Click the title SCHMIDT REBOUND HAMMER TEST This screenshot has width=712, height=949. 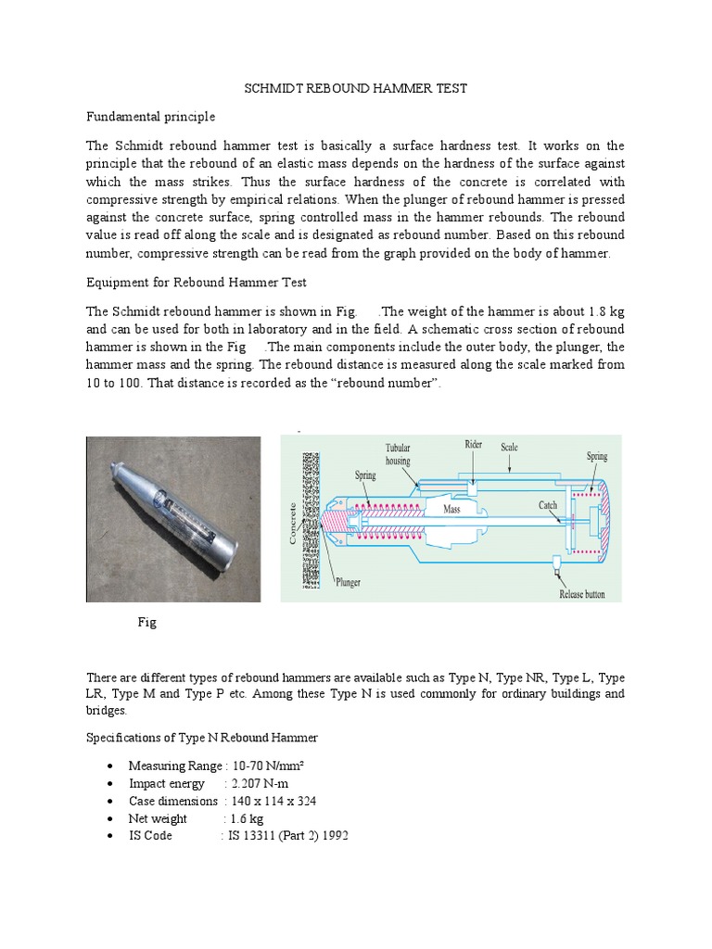coord(355,88)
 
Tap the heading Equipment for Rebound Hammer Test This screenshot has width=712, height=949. coord(196,282)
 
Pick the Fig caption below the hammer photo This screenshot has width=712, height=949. coord(146,623)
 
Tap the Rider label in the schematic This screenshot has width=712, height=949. coord(474,445)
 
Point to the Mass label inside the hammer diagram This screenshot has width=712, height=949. coord(451,510)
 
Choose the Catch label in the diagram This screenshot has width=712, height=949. coord(548,505)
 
